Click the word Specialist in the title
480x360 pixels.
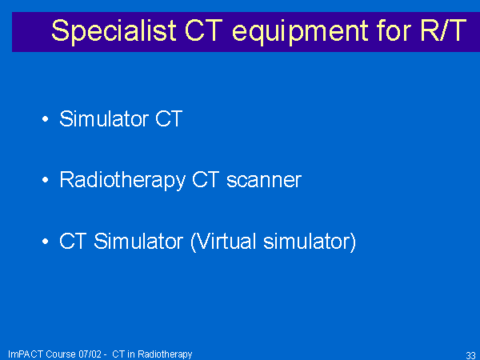(114, 31)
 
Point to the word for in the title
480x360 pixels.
(394, 30)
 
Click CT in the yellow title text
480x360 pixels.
(204, 30)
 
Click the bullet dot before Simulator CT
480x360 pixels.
(46, 119)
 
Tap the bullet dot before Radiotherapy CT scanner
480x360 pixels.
(46, 180)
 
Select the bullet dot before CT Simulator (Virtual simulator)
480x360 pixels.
(46, 242)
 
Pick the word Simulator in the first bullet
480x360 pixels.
(104, 118)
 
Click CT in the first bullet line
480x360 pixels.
(169, 118)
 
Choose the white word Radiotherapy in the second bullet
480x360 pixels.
(122, 181)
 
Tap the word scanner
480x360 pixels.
(264, 181)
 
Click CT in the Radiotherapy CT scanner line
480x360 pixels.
(206, 179)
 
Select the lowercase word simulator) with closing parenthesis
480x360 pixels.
(310, 242)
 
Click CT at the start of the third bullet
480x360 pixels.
(73, 241)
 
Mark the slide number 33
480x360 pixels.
(470, 355)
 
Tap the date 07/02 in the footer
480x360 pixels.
(90, 354)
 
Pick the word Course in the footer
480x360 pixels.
(61, 354)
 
